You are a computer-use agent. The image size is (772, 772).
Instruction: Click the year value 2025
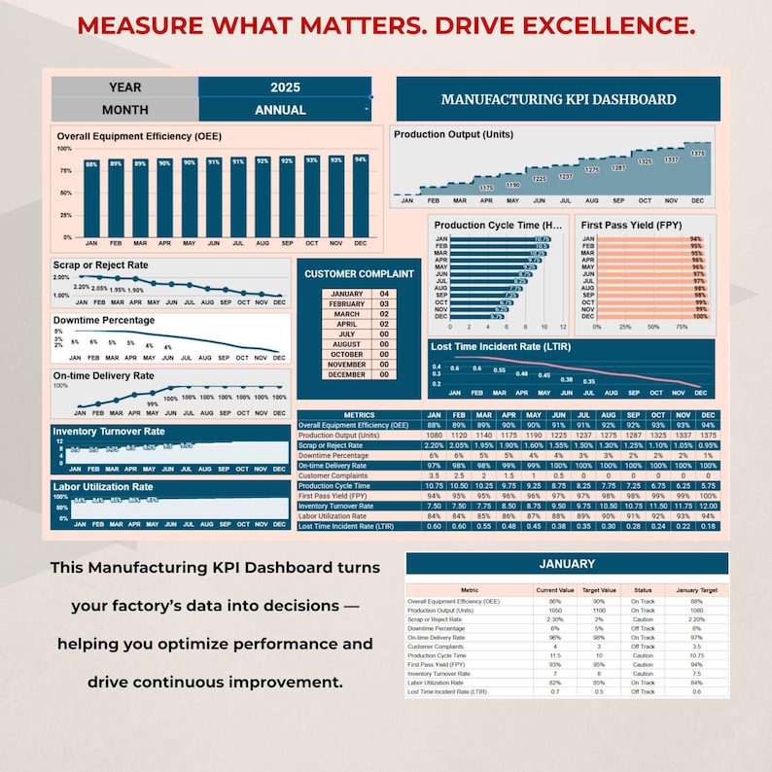coord(284,88)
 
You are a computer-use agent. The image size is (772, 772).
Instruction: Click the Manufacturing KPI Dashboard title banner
coord(558,99)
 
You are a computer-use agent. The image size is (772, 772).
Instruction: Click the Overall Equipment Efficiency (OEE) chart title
coord(139,136)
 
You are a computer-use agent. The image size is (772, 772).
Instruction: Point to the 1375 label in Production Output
coord(697,154)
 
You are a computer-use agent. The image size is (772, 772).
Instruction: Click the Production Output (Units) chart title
coord(453,134)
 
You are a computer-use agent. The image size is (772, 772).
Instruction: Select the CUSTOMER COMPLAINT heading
coord(359,274)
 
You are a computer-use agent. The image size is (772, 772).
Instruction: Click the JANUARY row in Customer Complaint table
coord(347,294)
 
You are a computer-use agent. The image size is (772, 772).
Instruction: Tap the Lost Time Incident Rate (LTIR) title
coord(500,346)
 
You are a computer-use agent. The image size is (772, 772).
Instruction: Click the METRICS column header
coord(359,415)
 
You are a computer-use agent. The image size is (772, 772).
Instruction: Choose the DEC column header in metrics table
coord(708,415)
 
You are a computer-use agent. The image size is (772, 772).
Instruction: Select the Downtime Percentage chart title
coord(103,320)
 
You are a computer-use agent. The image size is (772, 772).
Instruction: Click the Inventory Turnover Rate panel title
coord(109,431)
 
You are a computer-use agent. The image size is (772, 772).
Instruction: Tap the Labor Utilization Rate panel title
coord(103,487)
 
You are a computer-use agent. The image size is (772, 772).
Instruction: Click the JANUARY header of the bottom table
coord(566,564)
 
